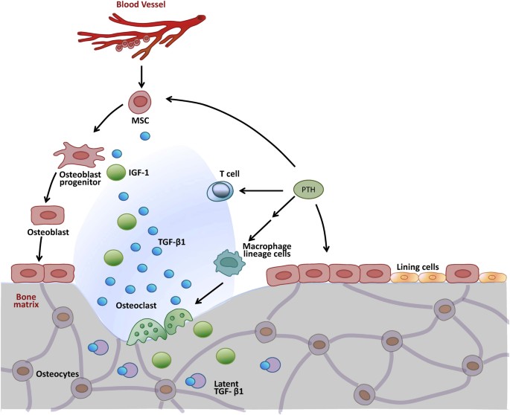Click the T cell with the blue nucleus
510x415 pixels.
pos(221,192)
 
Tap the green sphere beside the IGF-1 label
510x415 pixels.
pos(117,173)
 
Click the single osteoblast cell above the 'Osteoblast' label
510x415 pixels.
pos(46,216)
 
